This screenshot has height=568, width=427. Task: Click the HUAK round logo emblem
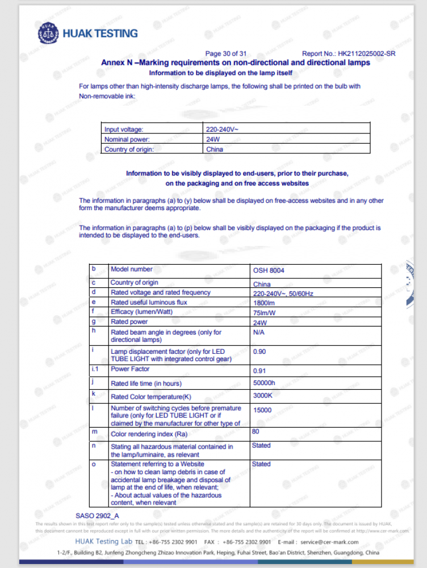click(48, 33)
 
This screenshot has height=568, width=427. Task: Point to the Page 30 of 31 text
click(226, 54)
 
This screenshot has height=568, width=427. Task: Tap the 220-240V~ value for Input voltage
click(223, 130)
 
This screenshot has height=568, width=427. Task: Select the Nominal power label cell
click(127, 139)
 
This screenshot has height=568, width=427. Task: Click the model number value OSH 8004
click(269, 270)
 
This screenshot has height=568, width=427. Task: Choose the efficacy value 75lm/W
click(264, 312)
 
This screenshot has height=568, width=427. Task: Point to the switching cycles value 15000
click(262, 410)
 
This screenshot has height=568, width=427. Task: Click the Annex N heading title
click(236, 62)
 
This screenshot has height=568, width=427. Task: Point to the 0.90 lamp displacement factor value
click(259, 352)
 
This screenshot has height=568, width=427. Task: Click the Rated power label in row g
click(129, 322)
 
